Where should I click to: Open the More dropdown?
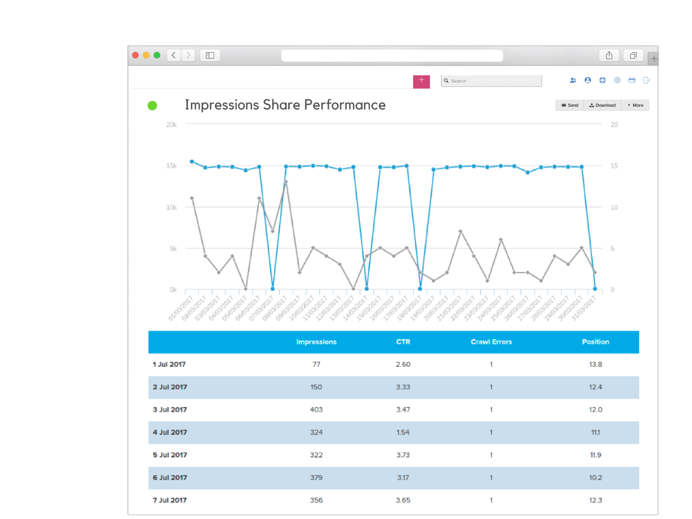635,105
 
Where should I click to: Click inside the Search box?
494,81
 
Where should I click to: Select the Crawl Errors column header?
491,342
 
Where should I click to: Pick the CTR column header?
403,342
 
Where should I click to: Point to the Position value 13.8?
595,364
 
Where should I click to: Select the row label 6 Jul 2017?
170,477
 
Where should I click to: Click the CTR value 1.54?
403,432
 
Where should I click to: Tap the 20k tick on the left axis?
171,125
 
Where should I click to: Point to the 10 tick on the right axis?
614,207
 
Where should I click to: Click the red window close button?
135,55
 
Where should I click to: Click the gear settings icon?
617,80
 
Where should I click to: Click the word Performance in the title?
345,105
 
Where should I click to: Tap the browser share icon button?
609,55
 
